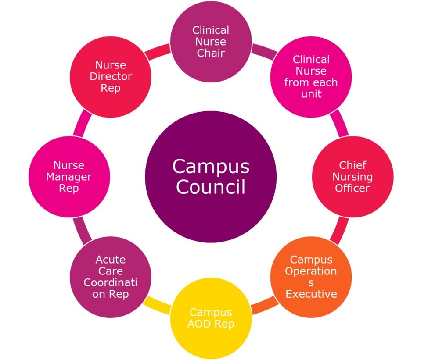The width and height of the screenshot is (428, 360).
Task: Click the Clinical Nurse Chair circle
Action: [x=211, y=42]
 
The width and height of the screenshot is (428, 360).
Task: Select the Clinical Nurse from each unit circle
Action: [x=311, y=77]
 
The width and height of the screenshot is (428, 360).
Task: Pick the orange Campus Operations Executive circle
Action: [x=311, y=277]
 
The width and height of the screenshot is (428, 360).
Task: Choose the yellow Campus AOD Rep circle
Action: [x=211, y=318]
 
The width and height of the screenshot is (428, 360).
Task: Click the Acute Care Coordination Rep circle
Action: [x=111, y=277]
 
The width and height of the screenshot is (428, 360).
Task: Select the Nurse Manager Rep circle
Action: [x=69, y=177]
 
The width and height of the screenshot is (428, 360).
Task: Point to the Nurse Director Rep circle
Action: [x=111, y=77]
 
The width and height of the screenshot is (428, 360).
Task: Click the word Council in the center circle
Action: [x=211, y=187]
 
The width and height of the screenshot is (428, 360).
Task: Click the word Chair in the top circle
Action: [x=211, y=53]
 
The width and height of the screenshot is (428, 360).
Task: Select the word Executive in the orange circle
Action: [x=311, y=294]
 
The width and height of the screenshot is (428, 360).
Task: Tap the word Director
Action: [x=111, y=77]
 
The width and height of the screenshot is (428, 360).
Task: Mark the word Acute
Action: [x=111, y=260]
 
